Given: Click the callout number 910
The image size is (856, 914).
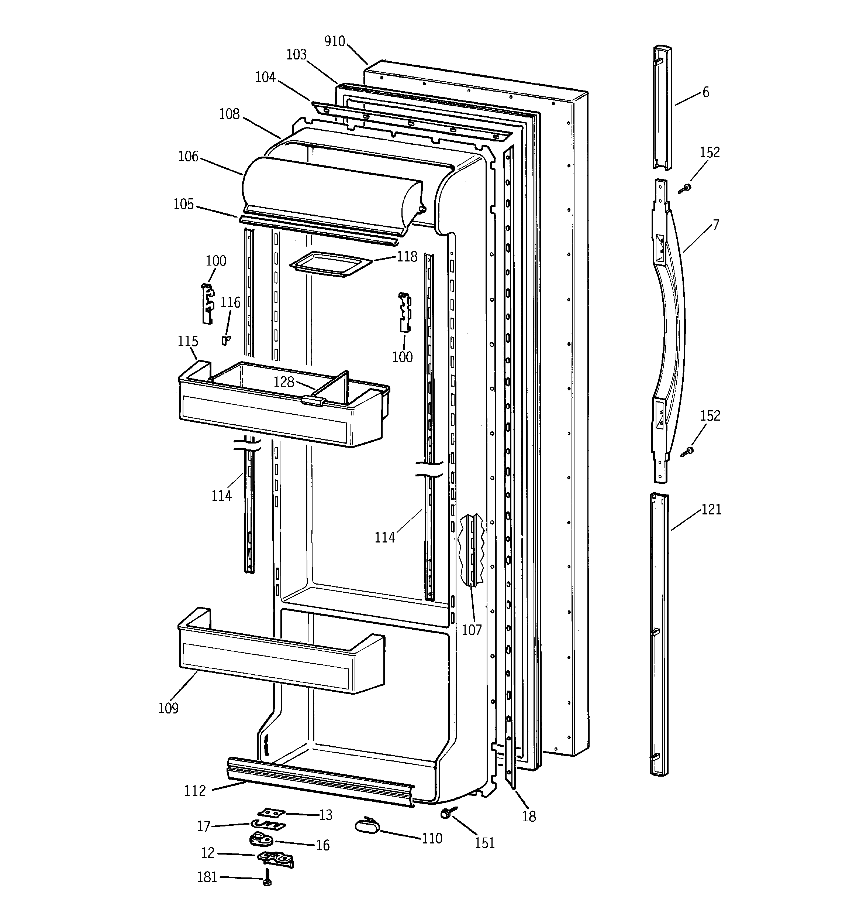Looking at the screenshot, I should pyautogui.click(x=335, y=41).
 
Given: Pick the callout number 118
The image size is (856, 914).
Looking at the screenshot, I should pyautogui.click(x=407, y=257).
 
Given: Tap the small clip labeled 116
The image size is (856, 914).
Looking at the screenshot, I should pyautogui.click(x=225, y=340).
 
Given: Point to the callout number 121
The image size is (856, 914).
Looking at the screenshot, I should pyautogui.click(x=711, y=509).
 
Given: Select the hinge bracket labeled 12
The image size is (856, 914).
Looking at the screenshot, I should pyautogui.click(x=276, y=858).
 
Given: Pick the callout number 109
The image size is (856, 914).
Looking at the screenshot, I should pyautogui.click(x=168, y=708).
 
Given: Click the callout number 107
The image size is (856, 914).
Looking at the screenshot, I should pyautogui.click(x=472, y=630).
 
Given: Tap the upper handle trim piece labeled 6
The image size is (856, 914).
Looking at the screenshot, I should pyautogui.click(x=663, y=108).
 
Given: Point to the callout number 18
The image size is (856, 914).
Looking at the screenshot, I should pyautogui.click(x=529, y=817).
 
